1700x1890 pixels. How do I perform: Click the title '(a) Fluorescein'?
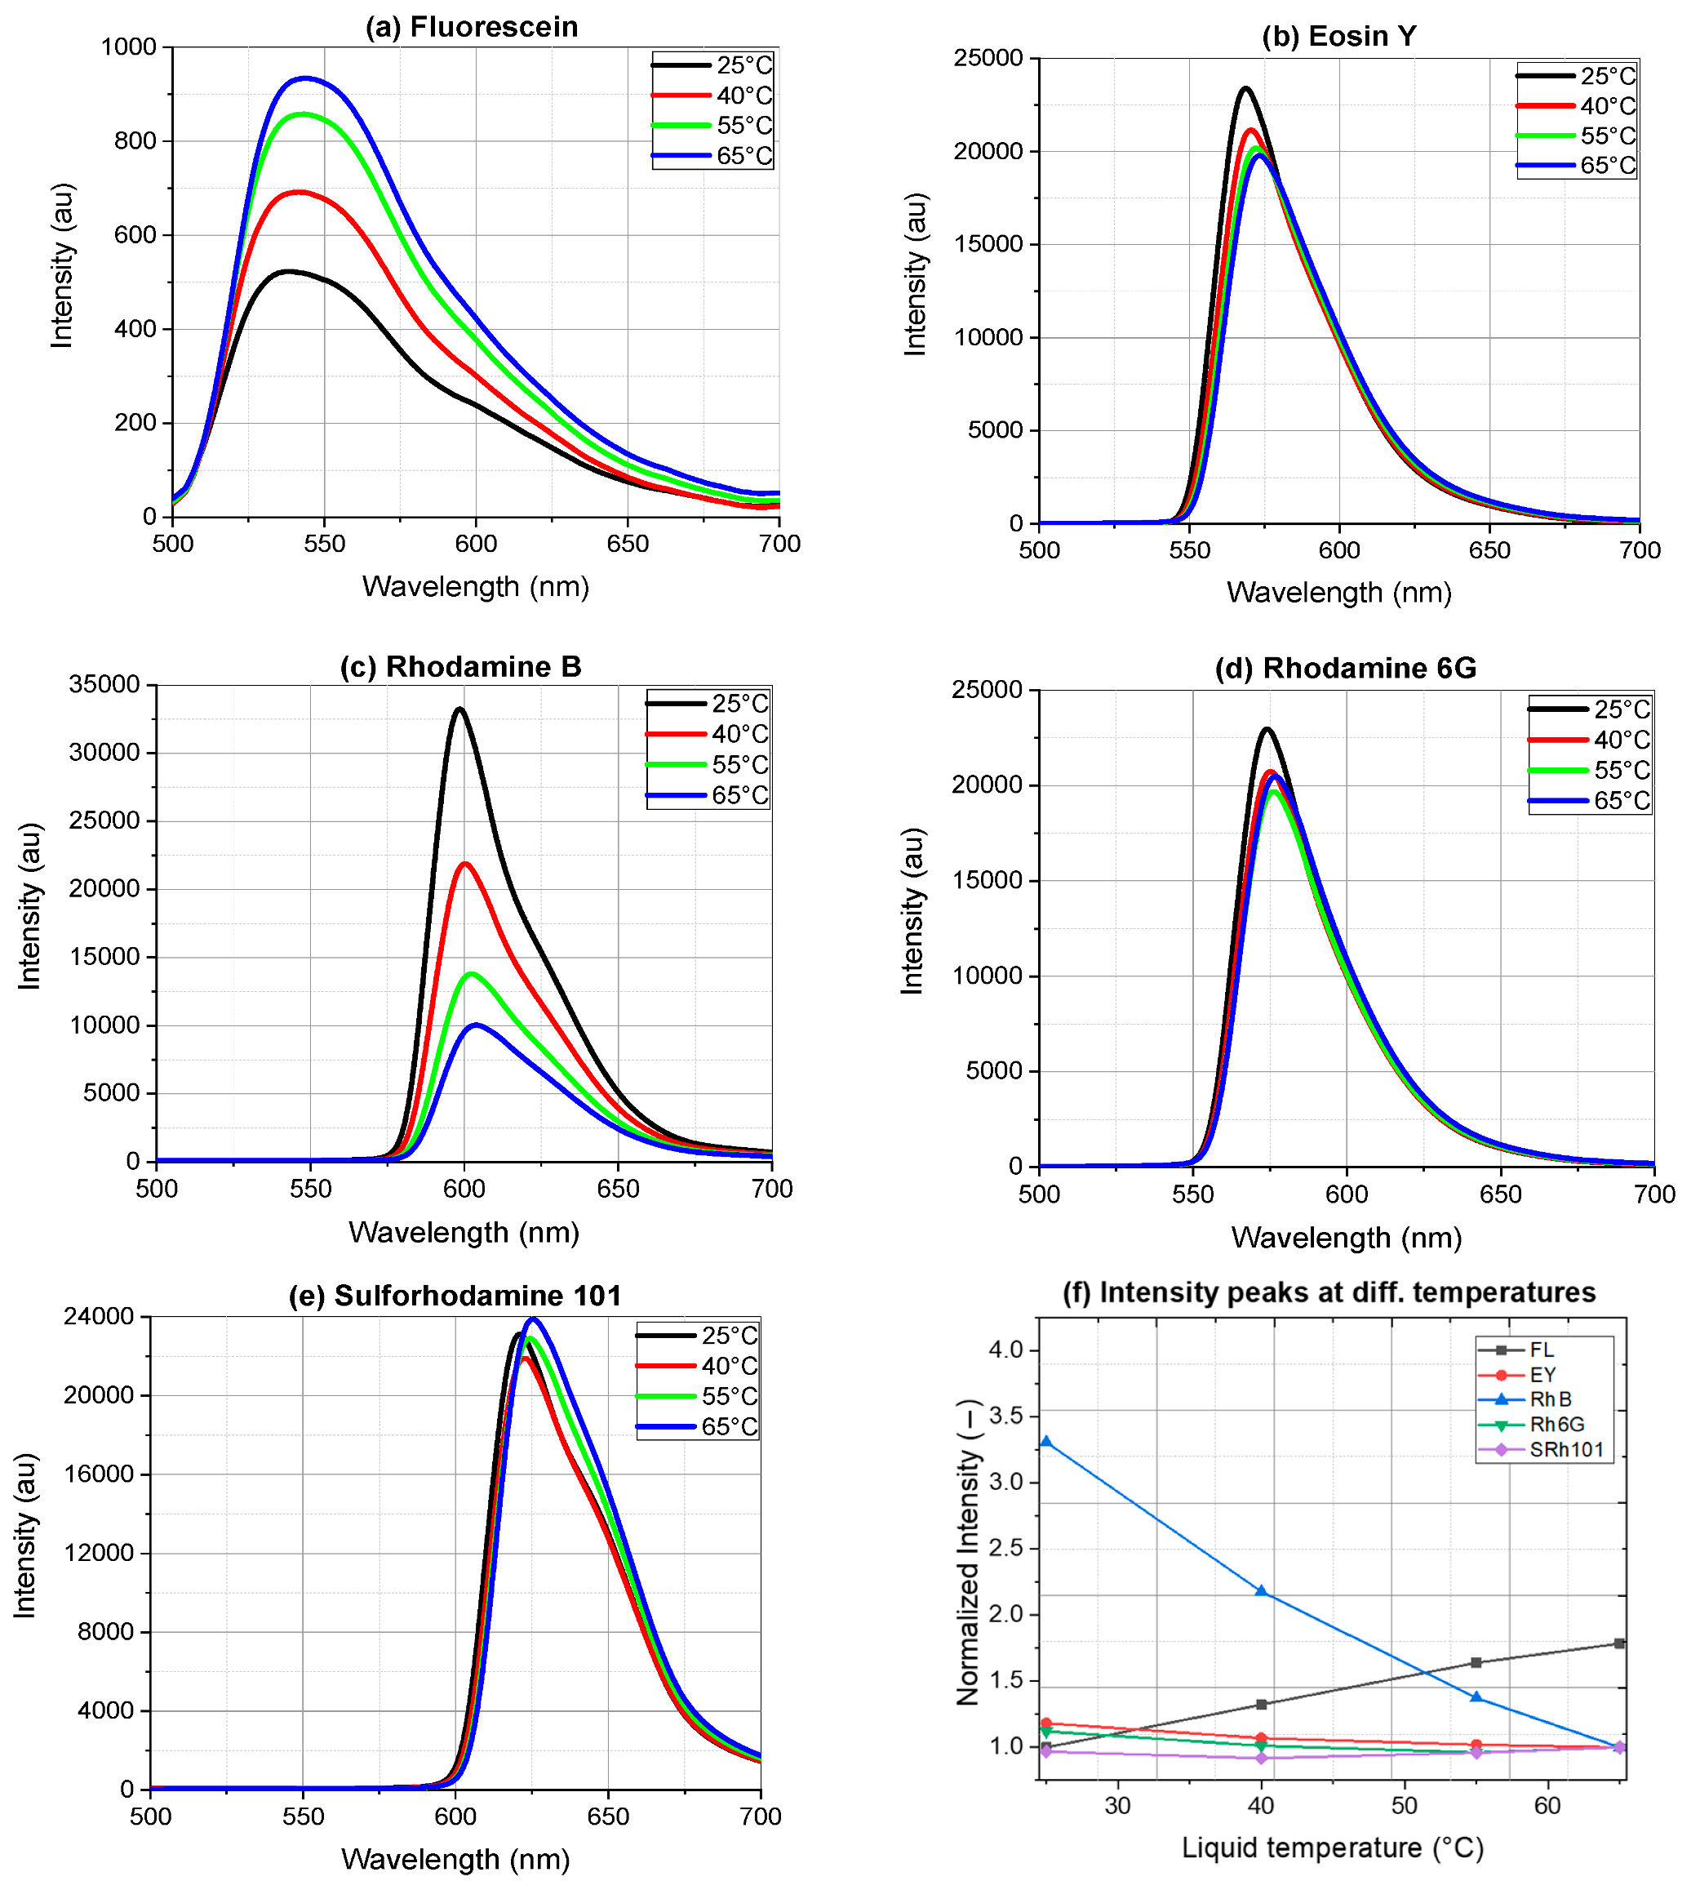click(472, 27)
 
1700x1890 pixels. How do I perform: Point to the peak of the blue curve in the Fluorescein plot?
click(304, 78)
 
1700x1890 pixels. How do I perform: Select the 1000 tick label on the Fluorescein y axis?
click(129, 47)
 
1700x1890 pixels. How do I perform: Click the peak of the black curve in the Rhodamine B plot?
click(459, 709)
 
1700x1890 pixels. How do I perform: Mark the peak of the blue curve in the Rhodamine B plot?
click(477, 1025)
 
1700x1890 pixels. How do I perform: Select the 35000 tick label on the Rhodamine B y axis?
click(104, 684)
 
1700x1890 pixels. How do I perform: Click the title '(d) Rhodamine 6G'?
click(1345, 668)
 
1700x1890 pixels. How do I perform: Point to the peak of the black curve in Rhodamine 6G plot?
click(1267, 730)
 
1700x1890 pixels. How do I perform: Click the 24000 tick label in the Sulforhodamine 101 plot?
click(99, 1316)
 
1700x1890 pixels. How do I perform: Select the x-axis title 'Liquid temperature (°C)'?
click(1332, 1847)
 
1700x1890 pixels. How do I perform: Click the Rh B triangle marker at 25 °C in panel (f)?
click(1046, 1442)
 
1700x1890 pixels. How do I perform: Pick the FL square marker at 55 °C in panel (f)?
click(1476, 1662)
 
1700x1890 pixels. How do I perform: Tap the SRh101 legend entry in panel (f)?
click(1565, 1450)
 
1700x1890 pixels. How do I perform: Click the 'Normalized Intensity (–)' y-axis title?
click(969, 1551)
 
